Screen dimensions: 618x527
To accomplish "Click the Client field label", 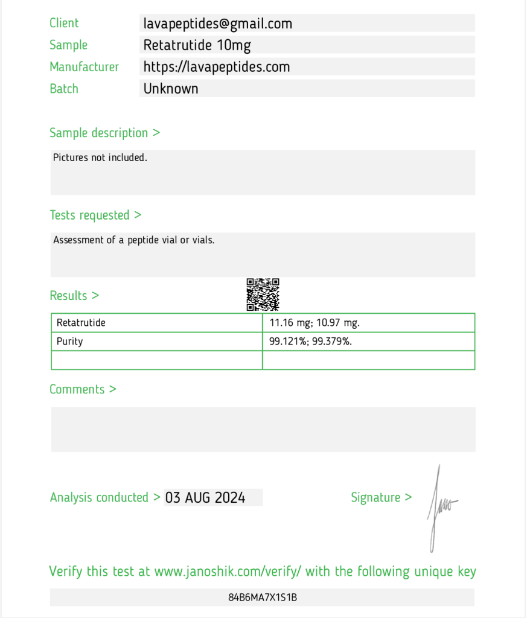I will tap(64, 23).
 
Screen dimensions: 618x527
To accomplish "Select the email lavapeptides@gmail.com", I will tap(217, 24).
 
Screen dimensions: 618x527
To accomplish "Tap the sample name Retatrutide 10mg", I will tap(197, 45).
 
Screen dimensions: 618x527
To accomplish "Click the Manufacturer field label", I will tap(84, 67).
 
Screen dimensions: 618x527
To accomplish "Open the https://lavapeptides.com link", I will tap(216, 67).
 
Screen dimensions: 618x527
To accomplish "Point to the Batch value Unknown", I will tap(171, 89).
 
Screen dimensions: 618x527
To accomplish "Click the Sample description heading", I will tap(104, 133).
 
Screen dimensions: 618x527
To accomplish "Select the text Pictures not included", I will tap(100, 158).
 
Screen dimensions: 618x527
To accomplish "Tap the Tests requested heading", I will tap(95, 215).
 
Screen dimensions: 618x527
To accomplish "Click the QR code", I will tap(263, 295).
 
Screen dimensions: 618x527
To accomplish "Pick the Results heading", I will tap(74, 296).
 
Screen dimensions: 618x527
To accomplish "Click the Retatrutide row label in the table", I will tap(81, 323).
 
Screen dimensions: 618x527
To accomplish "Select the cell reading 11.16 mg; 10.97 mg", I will tap(315, 323).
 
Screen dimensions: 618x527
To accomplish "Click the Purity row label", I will tap(69, 342).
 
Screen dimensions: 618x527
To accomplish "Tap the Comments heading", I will tap(83, 389).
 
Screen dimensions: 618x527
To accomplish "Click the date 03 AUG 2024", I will tap(205, 498).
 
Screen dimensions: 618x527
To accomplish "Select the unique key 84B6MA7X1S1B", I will tap(263, 597).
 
